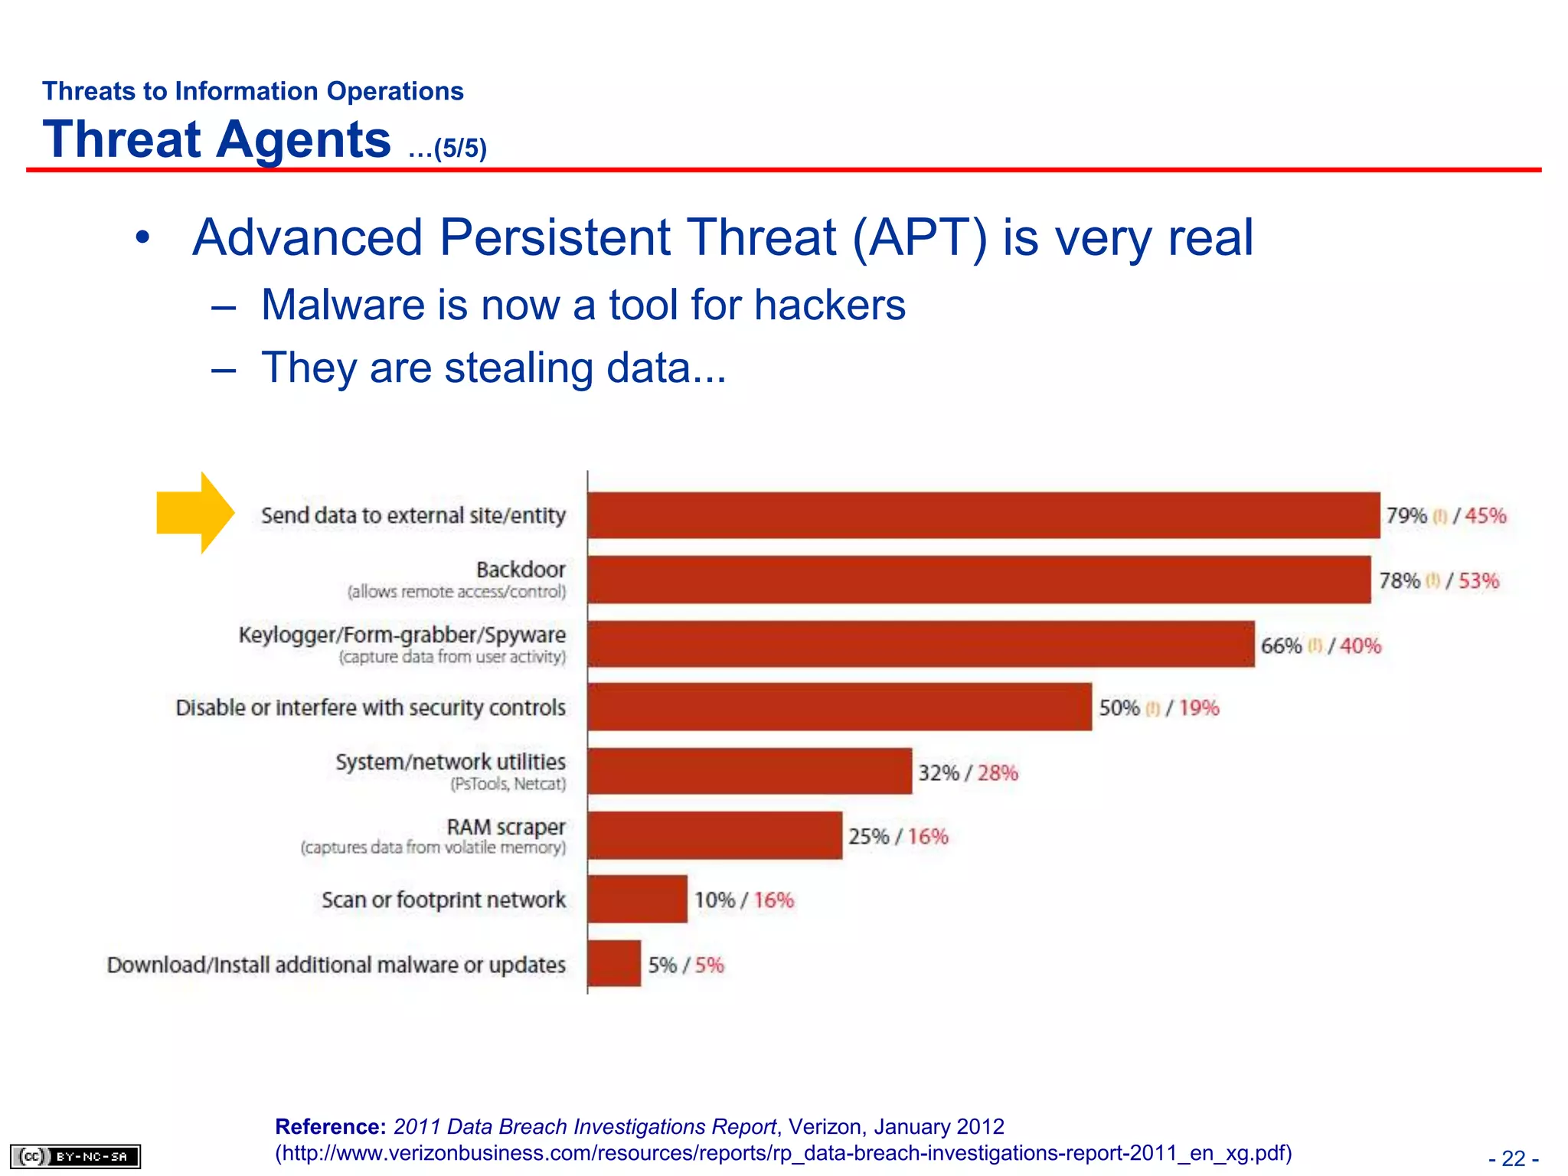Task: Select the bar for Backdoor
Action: (979, 580)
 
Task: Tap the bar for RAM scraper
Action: (715, 835)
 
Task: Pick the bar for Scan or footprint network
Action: (637, 900)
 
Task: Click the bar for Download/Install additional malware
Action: (614, 964)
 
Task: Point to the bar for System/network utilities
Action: (750, 772)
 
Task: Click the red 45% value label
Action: (1485, 516)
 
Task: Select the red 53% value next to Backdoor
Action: (1478, 581)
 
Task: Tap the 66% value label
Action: (1281, 646)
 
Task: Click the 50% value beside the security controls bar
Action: (1119, 708)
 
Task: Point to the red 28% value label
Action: (998, 773)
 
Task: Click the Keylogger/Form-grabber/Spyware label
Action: (402, 635)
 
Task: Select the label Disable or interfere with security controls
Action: (371, 707)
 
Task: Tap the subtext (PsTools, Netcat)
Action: (508, 784)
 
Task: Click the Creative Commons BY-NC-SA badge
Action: (75, 1156)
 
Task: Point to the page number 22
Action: (1513, 1158)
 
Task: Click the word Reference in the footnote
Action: (330, 1127)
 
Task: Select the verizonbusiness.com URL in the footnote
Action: (783, 1153)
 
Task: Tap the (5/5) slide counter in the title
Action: (459, 149)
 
